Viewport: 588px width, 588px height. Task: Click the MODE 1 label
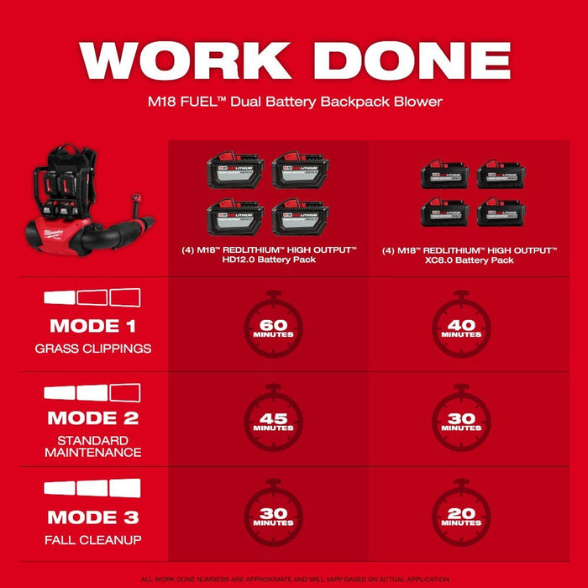(x=92, y=326)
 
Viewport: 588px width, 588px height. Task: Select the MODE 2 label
(x=92, y=417)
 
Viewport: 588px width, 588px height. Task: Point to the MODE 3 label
(x=92, y=517)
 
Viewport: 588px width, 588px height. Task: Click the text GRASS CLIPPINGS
(x=92, y=348)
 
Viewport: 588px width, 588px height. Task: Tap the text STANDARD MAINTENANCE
(x=92, y=446)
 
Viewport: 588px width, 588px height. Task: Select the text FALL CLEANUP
(x=92, y=539)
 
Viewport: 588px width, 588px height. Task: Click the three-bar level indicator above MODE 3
(x=92, y=488)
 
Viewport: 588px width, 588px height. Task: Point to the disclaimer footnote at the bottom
(x=294, y=579)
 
